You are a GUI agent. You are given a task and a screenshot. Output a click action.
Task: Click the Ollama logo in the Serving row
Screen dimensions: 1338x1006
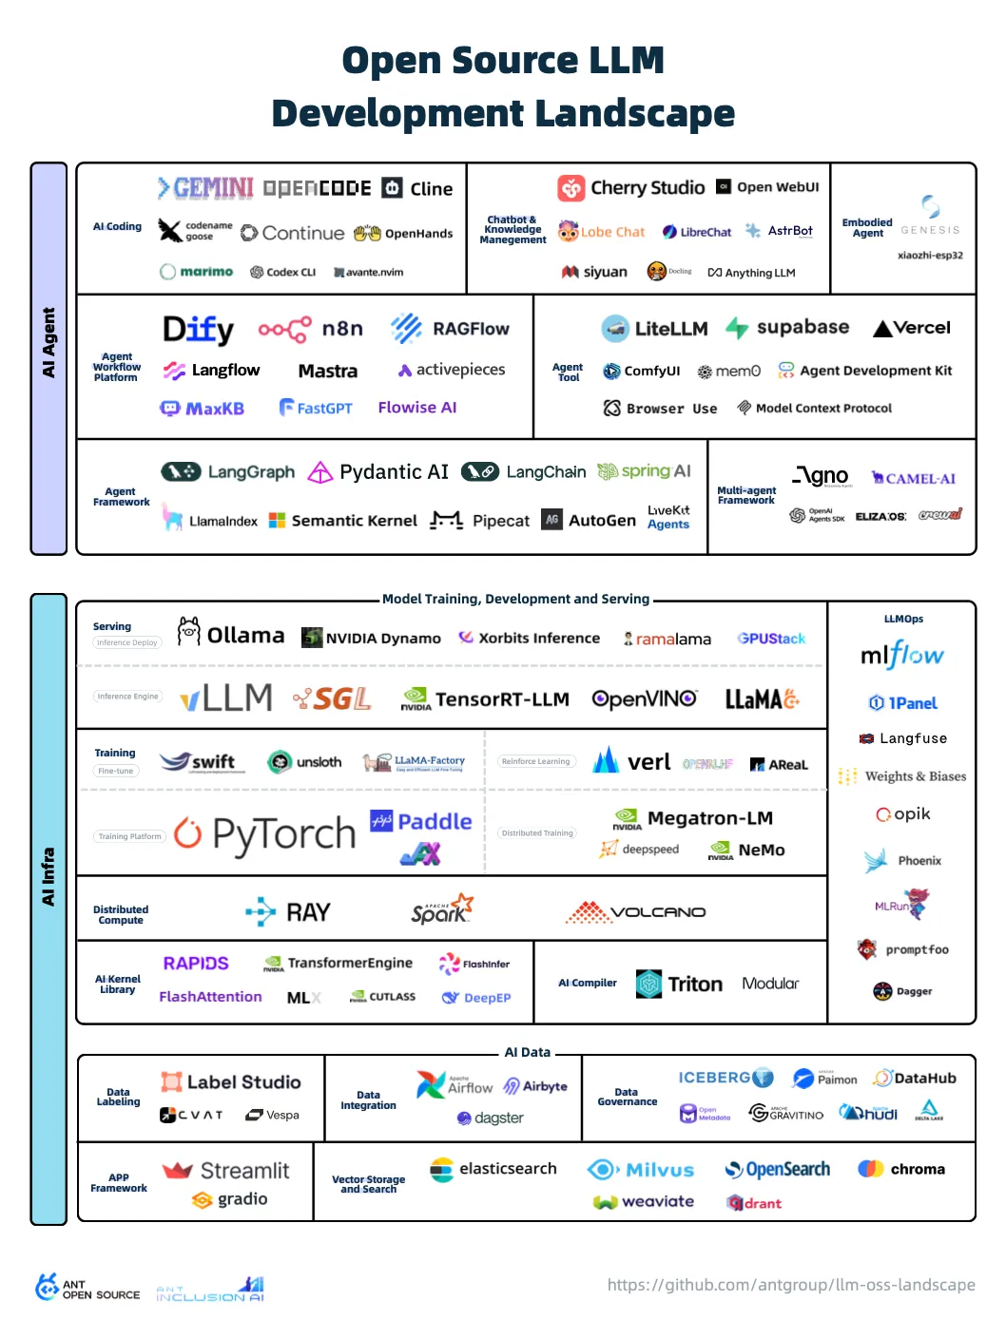pyautogui.click(x=231, y=634)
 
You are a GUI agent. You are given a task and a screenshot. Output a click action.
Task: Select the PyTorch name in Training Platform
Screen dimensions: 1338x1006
pyautogui.click(x=283, y=833)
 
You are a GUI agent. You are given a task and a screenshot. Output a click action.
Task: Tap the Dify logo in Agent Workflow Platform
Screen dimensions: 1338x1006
pyautogui.click(x=198, y=329)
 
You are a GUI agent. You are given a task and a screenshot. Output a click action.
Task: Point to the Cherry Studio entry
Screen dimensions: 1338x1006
pyautogui.click(x=631, y=187)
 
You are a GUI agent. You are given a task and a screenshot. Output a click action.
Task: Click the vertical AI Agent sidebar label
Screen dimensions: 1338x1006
pyautogui.click(x=48, y=343)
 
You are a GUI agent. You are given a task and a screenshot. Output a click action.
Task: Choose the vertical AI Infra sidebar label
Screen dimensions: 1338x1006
pyautogui.click(x=48, y=876)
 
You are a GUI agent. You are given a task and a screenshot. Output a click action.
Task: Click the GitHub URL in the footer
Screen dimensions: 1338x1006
pyautogui.click(x=791, y=1285)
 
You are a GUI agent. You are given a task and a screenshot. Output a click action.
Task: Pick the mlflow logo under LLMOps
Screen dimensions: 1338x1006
pyautogui.click(x=901, y=655)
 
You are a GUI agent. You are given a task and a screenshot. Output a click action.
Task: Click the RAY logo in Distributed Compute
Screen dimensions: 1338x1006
pyautogui.click(x=288, y=912)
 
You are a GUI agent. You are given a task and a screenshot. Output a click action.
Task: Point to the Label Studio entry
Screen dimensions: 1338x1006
pyautogui.click(x=231, y=1081)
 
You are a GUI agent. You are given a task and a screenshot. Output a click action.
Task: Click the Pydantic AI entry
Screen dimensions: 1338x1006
pyautogui.click(x=378, y=472)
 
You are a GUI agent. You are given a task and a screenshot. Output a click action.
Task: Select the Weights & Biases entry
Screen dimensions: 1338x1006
pyautogui.click(x=902, y=776)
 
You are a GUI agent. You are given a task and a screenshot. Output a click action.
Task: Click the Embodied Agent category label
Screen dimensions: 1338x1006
pyautogui.click(x=867, y=228)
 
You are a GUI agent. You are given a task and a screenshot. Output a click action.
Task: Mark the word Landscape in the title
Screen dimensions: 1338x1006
pyautogui.click(x=623, y=113)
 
